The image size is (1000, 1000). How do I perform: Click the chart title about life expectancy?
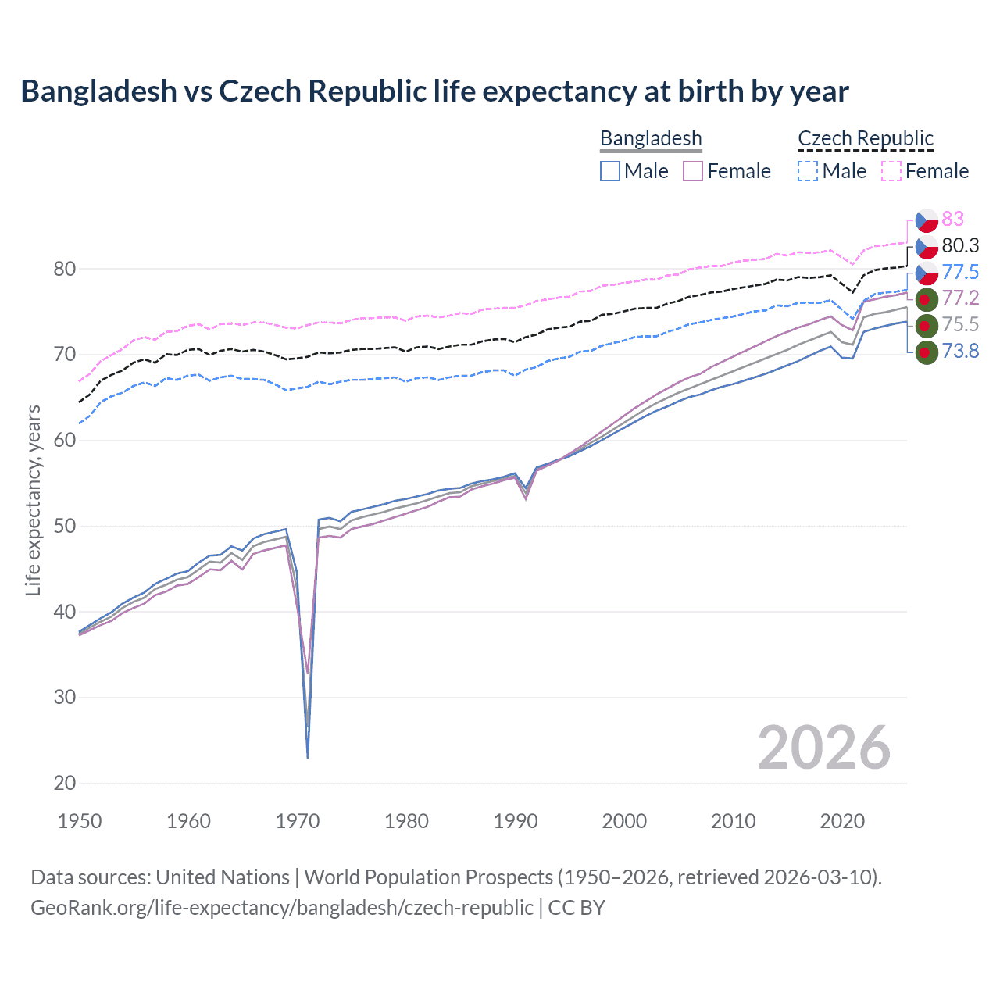click(x=434, y=91)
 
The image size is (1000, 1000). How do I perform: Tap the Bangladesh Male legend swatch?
click(x=610, y=171)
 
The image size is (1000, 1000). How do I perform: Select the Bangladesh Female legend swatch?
click(x=693, y=171)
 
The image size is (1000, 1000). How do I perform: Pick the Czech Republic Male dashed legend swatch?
click(x=808, y=171)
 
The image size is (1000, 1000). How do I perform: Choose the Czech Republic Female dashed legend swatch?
click(x=891, y=171)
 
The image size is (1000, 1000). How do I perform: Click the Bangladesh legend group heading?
click(x=651, y=138)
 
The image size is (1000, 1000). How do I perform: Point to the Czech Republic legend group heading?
click(x=866, y=138)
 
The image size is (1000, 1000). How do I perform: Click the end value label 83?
click(x=952, y=219)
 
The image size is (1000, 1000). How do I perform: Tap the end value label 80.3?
click(x=960, y=245)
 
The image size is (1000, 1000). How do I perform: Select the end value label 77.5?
click(x=960, y=272)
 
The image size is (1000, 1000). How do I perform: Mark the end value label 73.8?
click(x=960, y=351)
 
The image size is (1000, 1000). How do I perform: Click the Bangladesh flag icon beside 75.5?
click(x=926, y=325)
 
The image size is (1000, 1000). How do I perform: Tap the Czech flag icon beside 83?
click(x=926, y=220)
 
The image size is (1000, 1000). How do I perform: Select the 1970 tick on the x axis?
click(x=298, y=821)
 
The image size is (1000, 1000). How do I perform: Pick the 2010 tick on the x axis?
click(x=733, y=821)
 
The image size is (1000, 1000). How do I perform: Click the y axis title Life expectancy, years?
click(x=33, y=500)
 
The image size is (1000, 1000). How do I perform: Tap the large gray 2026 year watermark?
click(x=824, y=748)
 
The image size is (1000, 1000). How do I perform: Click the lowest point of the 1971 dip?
click(x=308, y=757)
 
